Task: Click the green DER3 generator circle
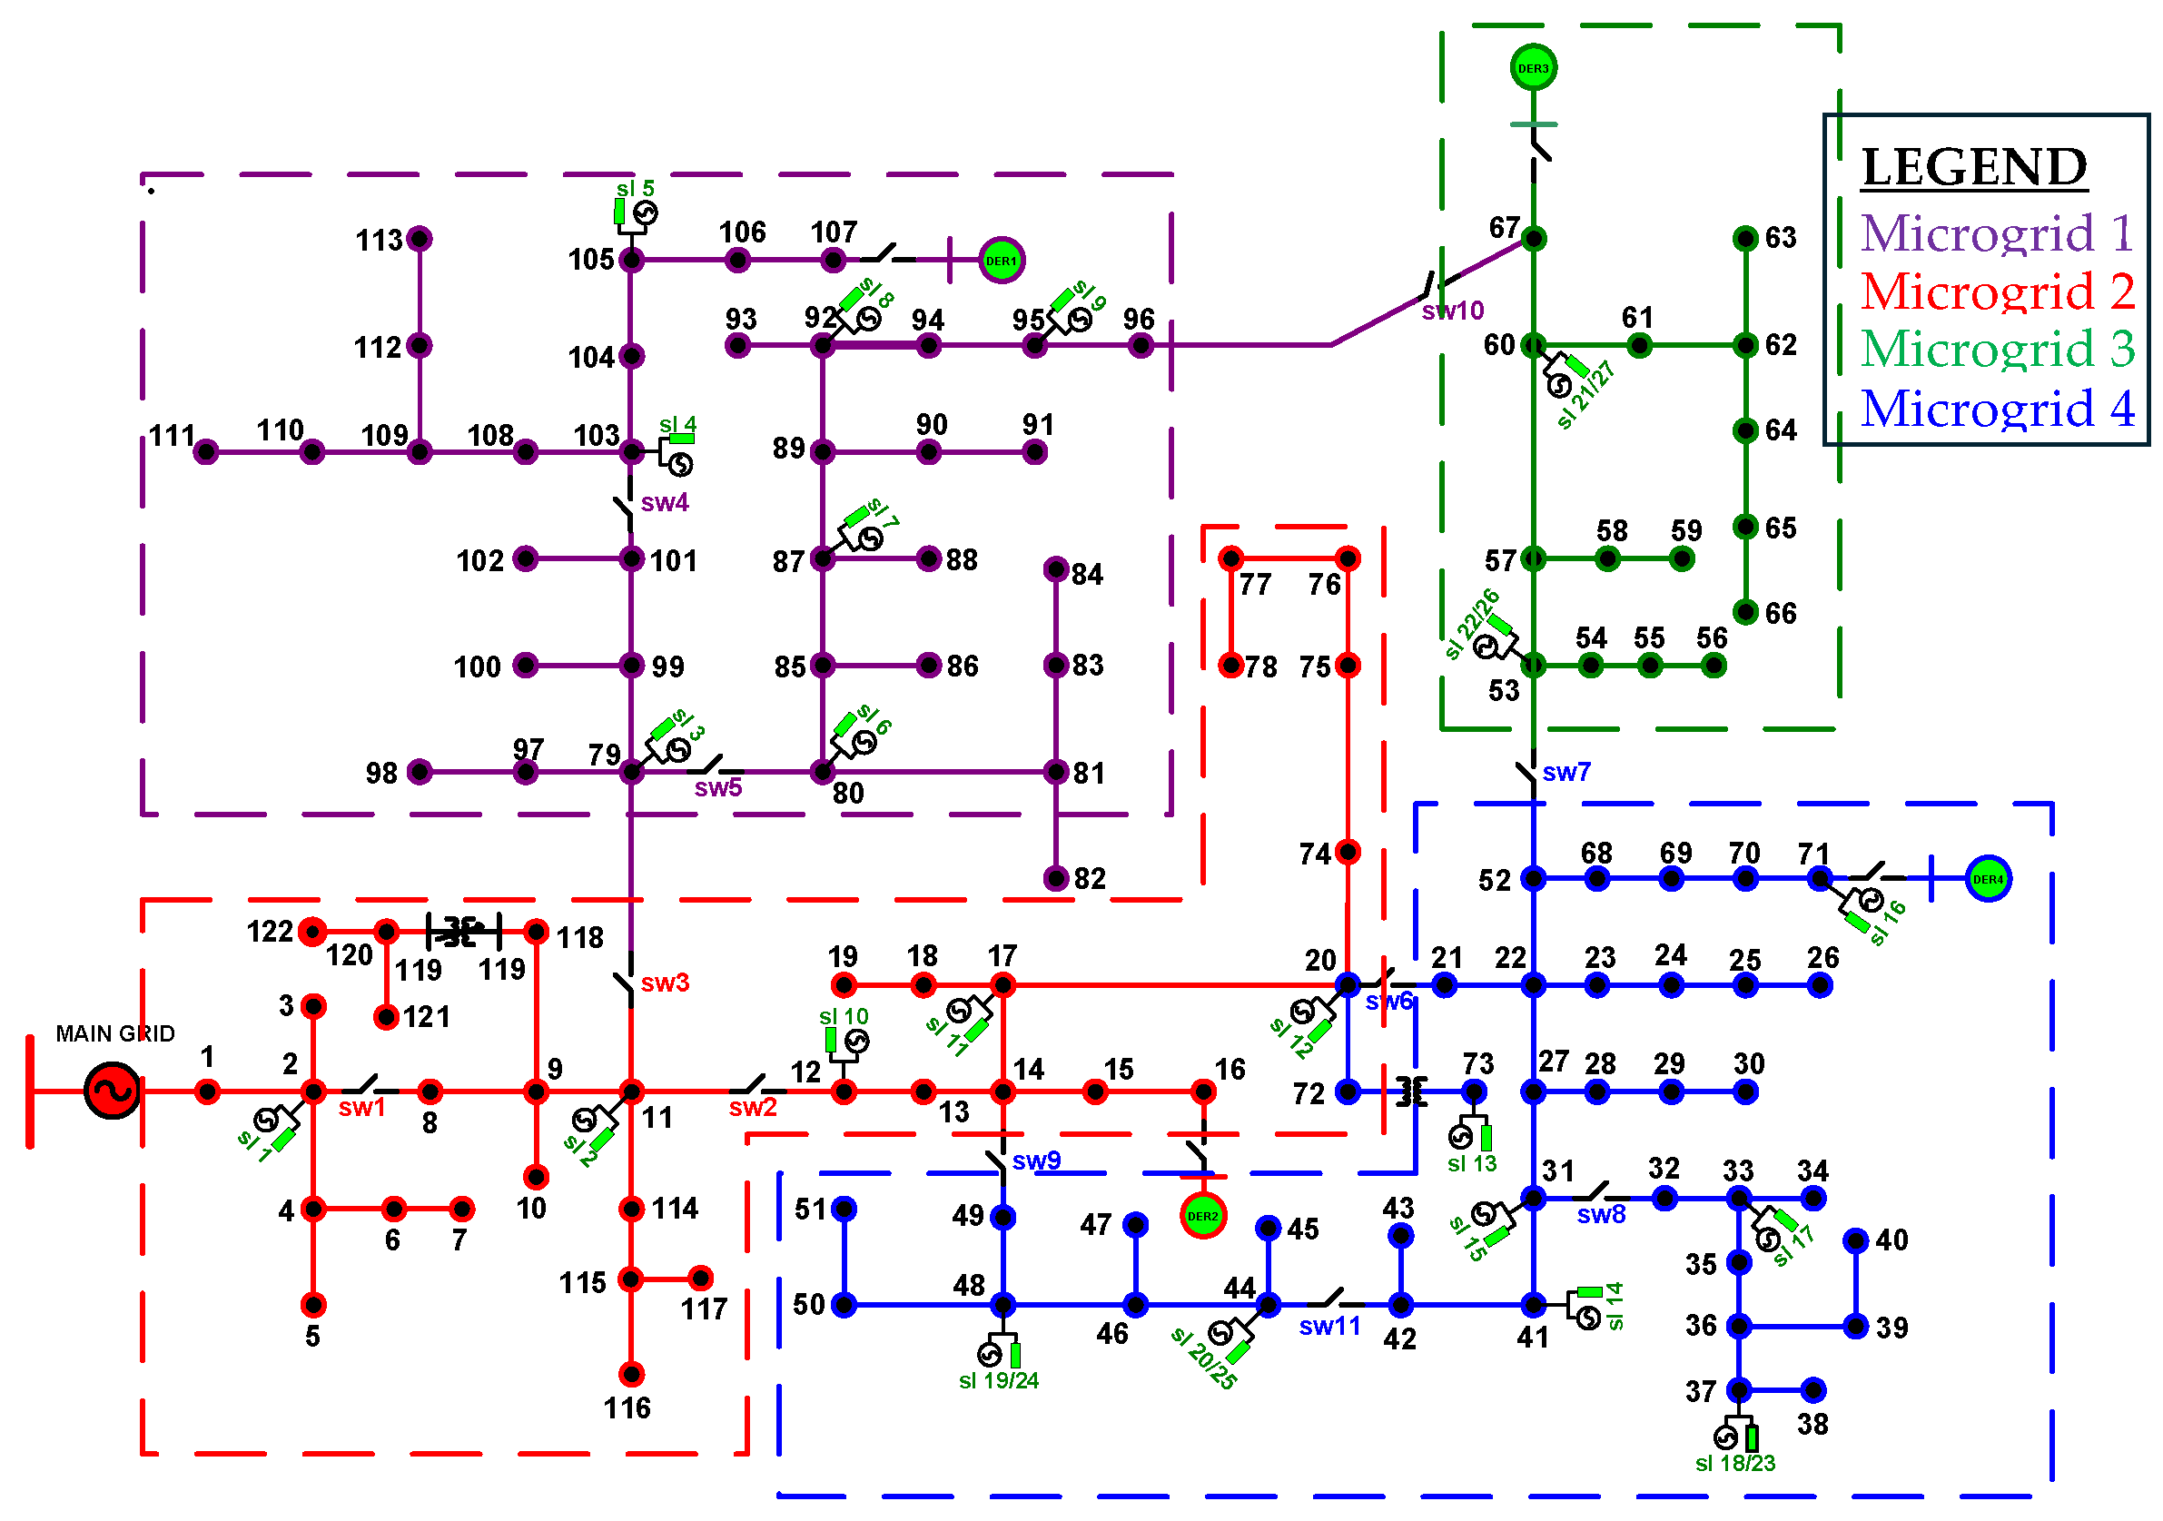1533,68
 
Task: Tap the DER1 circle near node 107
1001,261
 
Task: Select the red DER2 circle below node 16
1202,1216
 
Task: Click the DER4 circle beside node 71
1988,879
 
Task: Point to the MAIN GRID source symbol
112,1091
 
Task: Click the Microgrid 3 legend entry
1996,349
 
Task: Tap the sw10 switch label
1452,311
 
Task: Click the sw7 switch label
1565,772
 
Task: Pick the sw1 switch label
361,1108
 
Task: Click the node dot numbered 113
420,238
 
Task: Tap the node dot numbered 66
1745,612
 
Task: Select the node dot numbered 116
631,1374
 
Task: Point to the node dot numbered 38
1812,1389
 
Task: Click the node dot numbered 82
1056,878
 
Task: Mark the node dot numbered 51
844,1209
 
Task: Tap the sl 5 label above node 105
635,188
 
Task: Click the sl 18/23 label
1734,1463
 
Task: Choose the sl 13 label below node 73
1472,1163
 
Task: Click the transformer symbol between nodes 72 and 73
1410,1091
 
